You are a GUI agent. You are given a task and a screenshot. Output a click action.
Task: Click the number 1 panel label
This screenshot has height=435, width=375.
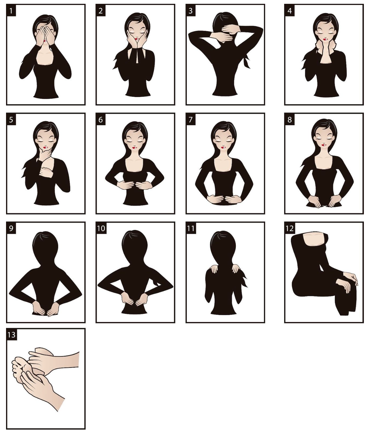click(11, 10)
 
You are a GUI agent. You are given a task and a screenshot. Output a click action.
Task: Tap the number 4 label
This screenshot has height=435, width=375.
click(290, 10)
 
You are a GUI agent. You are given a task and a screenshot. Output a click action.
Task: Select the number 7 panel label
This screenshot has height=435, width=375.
click(191, 120)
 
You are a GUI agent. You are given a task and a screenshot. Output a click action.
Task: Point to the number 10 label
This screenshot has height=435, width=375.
click(101, 228)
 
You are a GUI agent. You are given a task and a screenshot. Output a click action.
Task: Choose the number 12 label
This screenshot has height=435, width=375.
click(290, 228)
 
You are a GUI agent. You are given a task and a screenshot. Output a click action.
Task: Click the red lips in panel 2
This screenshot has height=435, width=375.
click(137, 39)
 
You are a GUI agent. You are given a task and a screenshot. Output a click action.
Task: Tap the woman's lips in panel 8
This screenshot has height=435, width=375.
click(324, 145)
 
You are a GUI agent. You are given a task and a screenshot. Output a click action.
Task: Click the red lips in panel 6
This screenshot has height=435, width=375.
click(135, 148)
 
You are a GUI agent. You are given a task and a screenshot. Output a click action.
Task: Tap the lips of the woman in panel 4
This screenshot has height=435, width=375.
click(325, 39)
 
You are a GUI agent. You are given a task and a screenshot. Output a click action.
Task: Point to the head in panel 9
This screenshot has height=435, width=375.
click(45, 246)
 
